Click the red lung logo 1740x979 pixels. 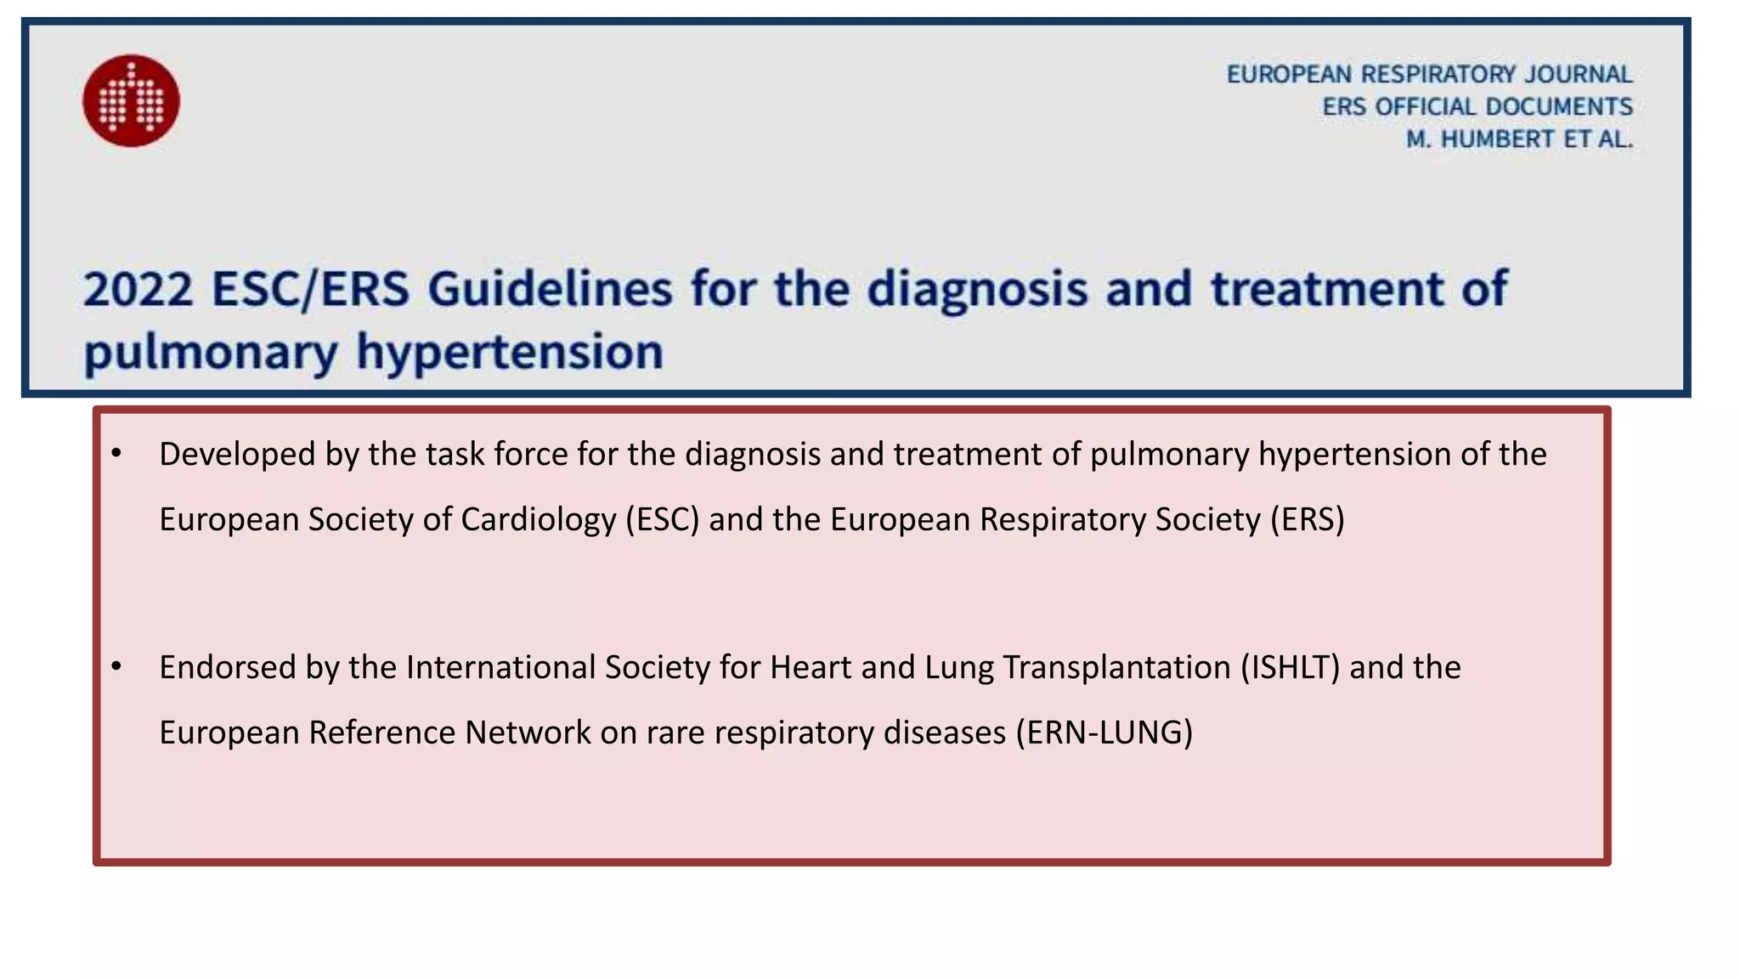pyautogui.click(x=131, y=101)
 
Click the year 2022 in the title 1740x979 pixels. pyautogui.click(x=138, y=289)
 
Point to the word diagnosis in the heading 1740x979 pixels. pyautogui.click(x=977, y=289)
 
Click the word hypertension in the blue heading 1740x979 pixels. pyautogui.click(x=510, y=352)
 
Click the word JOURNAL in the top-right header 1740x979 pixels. pyautogui.click(x=1578, y=75)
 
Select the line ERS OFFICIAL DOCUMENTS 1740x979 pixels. pyautogui.click(x=1477, y=107)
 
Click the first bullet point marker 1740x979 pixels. pyautogui.click(x=116, y=453)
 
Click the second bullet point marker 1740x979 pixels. pyautogui.click(x=116, y=666)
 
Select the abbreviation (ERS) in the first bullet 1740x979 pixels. pyautogui.click(x=1308, y=520)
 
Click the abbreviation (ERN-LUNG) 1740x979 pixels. pyautogui.click(x=1104, y=733)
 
